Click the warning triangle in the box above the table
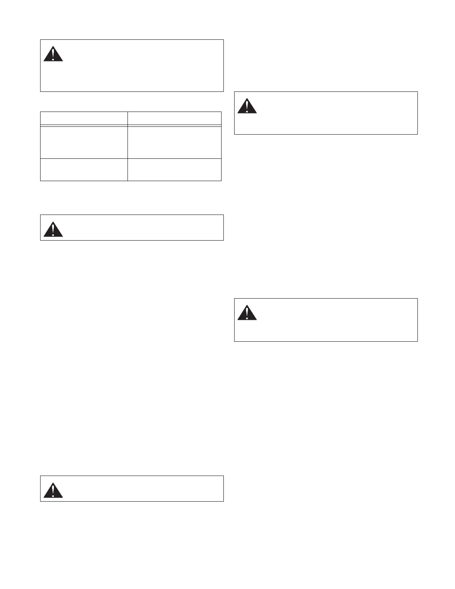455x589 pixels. tap(53, 54)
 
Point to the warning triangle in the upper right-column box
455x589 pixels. tap(247, 106)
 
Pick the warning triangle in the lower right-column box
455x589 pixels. tap(247, 313)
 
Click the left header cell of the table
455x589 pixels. tap(84, 118)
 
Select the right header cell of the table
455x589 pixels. tap(174, 118)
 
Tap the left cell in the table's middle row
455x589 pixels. tap(84, 142)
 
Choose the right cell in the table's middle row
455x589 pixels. tap(174, 142)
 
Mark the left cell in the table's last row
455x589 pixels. tap(84, 170)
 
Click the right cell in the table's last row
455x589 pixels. tap(174, 170)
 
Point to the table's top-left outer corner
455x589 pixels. tap(40, 112)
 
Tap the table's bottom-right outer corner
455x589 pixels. tap(222, 181)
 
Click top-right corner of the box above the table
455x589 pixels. tap(223, 39)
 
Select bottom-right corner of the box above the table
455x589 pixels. tap(223, 91)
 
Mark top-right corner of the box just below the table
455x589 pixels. tap(223, 215)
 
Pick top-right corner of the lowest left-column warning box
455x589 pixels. tap(223, 476)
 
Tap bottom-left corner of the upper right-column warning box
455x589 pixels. tap(234, 134)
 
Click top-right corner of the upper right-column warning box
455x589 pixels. tap(417, 91)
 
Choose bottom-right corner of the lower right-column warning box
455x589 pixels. tap(417, 341)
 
